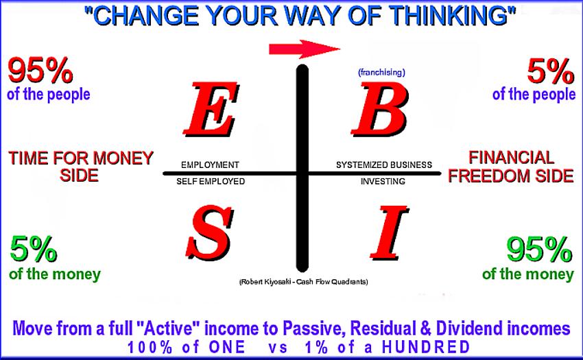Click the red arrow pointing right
pyautogui.click(x=305, y=49)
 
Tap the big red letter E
pyautogui.click(x=211, y=110)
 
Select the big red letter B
pyautogui.click(x=380, y=110)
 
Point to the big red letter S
pyautogui.click(x=210, y=232)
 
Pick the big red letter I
pyautogui.click(x=389, y=232)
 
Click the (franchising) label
pyautogui.click(x=381, y=72)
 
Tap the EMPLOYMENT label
pyautogui.click(x=210, y=165)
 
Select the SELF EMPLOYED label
pyautogui.click(x=211, y=182)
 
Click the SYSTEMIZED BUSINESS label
pyautogui.click(x=384, y=165)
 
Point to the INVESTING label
pyautogui.click(x=383, y=182)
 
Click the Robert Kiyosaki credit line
pyautogui.click(x=303, y=282)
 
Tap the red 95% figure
pyautogui.click(x=40, y=71)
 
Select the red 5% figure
pyautogui.click(x=551, y=71)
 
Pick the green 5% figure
pyautogui.click(x=34, y=249)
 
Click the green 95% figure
pyautogui.click(x=540, y=250)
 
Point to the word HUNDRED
pyautogui.click(x=426, y=348)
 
